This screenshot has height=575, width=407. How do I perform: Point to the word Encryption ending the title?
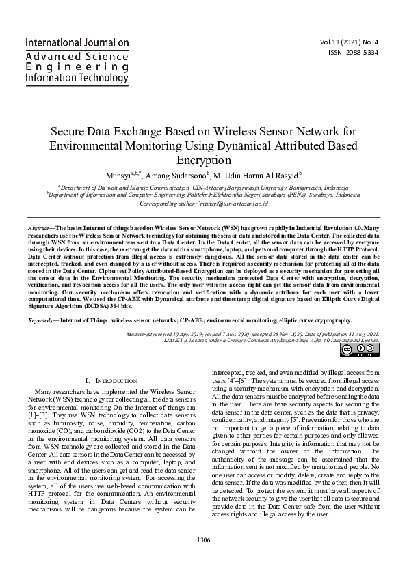point(203,160)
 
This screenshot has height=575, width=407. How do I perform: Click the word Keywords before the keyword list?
point(44,320)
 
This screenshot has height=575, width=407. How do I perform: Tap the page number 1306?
point(203,540)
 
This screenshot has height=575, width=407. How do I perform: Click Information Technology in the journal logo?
point(76,79)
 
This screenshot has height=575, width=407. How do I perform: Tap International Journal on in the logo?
point(77,42)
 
